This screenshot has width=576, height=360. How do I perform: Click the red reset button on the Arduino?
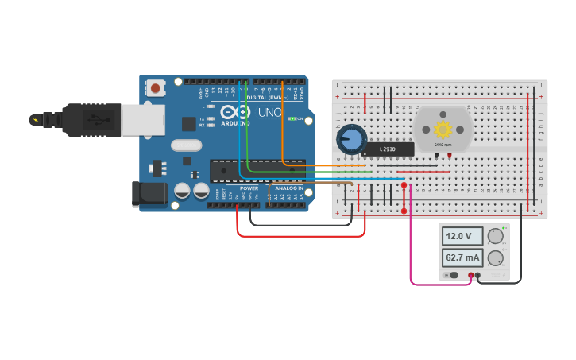[156, 88]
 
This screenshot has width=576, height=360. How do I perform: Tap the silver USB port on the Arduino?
[143, 119]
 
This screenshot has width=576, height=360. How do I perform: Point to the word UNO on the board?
[269, 113]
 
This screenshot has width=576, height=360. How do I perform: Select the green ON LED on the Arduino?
[292, 118]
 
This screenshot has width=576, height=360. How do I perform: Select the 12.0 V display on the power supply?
[462, 236]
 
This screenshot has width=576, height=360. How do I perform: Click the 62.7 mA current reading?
[462, 257]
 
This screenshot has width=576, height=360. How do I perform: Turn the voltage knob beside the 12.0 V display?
[496, 236]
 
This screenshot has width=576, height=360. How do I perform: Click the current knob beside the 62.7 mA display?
[496, 258]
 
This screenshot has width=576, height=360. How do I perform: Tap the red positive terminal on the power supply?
[470, 276]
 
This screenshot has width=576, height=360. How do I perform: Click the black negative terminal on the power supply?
[477, 276]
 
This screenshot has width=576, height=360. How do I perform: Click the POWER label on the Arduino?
[249, 188]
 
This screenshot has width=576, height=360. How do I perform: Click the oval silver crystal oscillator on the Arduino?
[186, 145]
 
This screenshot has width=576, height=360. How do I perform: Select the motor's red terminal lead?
[450, 156]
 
